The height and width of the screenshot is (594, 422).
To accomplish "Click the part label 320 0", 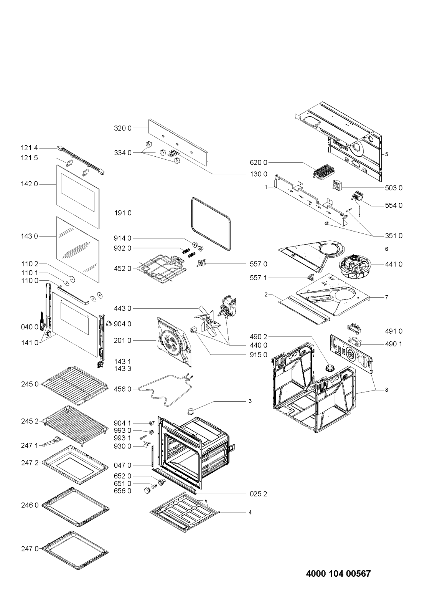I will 122,128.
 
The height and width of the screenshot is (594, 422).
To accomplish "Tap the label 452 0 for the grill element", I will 122,268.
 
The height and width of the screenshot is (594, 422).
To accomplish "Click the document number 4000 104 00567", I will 338,574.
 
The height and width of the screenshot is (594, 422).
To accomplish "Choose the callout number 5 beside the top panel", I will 387,154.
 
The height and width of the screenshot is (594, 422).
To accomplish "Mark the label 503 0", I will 394,188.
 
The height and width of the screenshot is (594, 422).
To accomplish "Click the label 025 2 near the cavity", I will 258,494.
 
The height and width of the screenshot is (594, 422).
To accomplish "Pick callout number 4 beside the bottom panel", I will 250,512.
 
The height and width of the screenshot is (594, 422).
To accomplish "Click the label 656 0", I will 122,490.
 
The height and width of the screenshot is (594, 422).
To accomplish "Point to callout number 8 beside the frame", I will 387,390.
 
